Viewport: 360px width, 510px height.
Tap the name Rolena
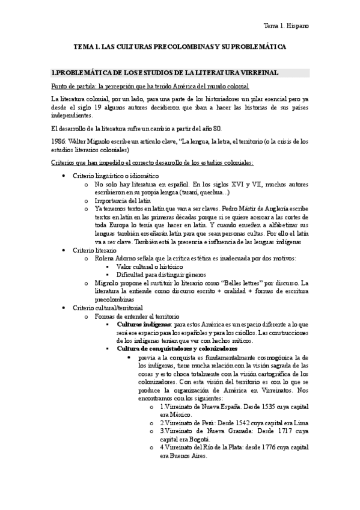pos(104,258)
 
